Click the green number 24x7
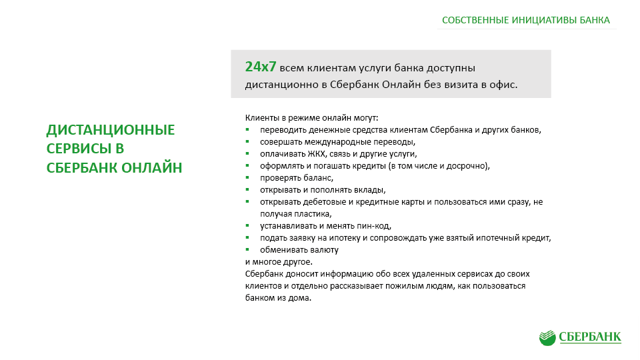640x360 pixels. [261, 67]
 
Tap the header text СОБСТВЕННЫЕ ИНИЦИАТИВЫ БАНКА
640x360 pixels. [526, 20]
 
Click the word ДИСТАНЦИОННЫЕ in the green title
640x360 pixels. [111, 130]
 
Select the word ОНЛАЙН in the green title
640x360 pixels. [152, 168]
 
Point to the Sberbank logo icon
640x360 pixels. [547, 338]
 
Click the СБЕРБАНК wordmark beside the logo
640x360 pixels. [590, 337]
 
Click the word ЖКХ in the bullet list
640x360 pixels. [317, 154]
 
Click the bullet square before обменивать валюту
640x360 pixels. [247, 249]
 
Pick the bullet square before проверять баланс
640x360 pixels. [247, 177]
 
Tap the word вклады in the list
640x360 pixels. [372, 190]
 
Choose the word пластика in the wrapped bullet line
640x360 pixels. [316, 214]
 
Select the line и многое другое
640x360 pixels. [279, 262]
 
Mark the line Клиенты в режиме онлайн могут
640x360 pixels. [311, 118]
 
